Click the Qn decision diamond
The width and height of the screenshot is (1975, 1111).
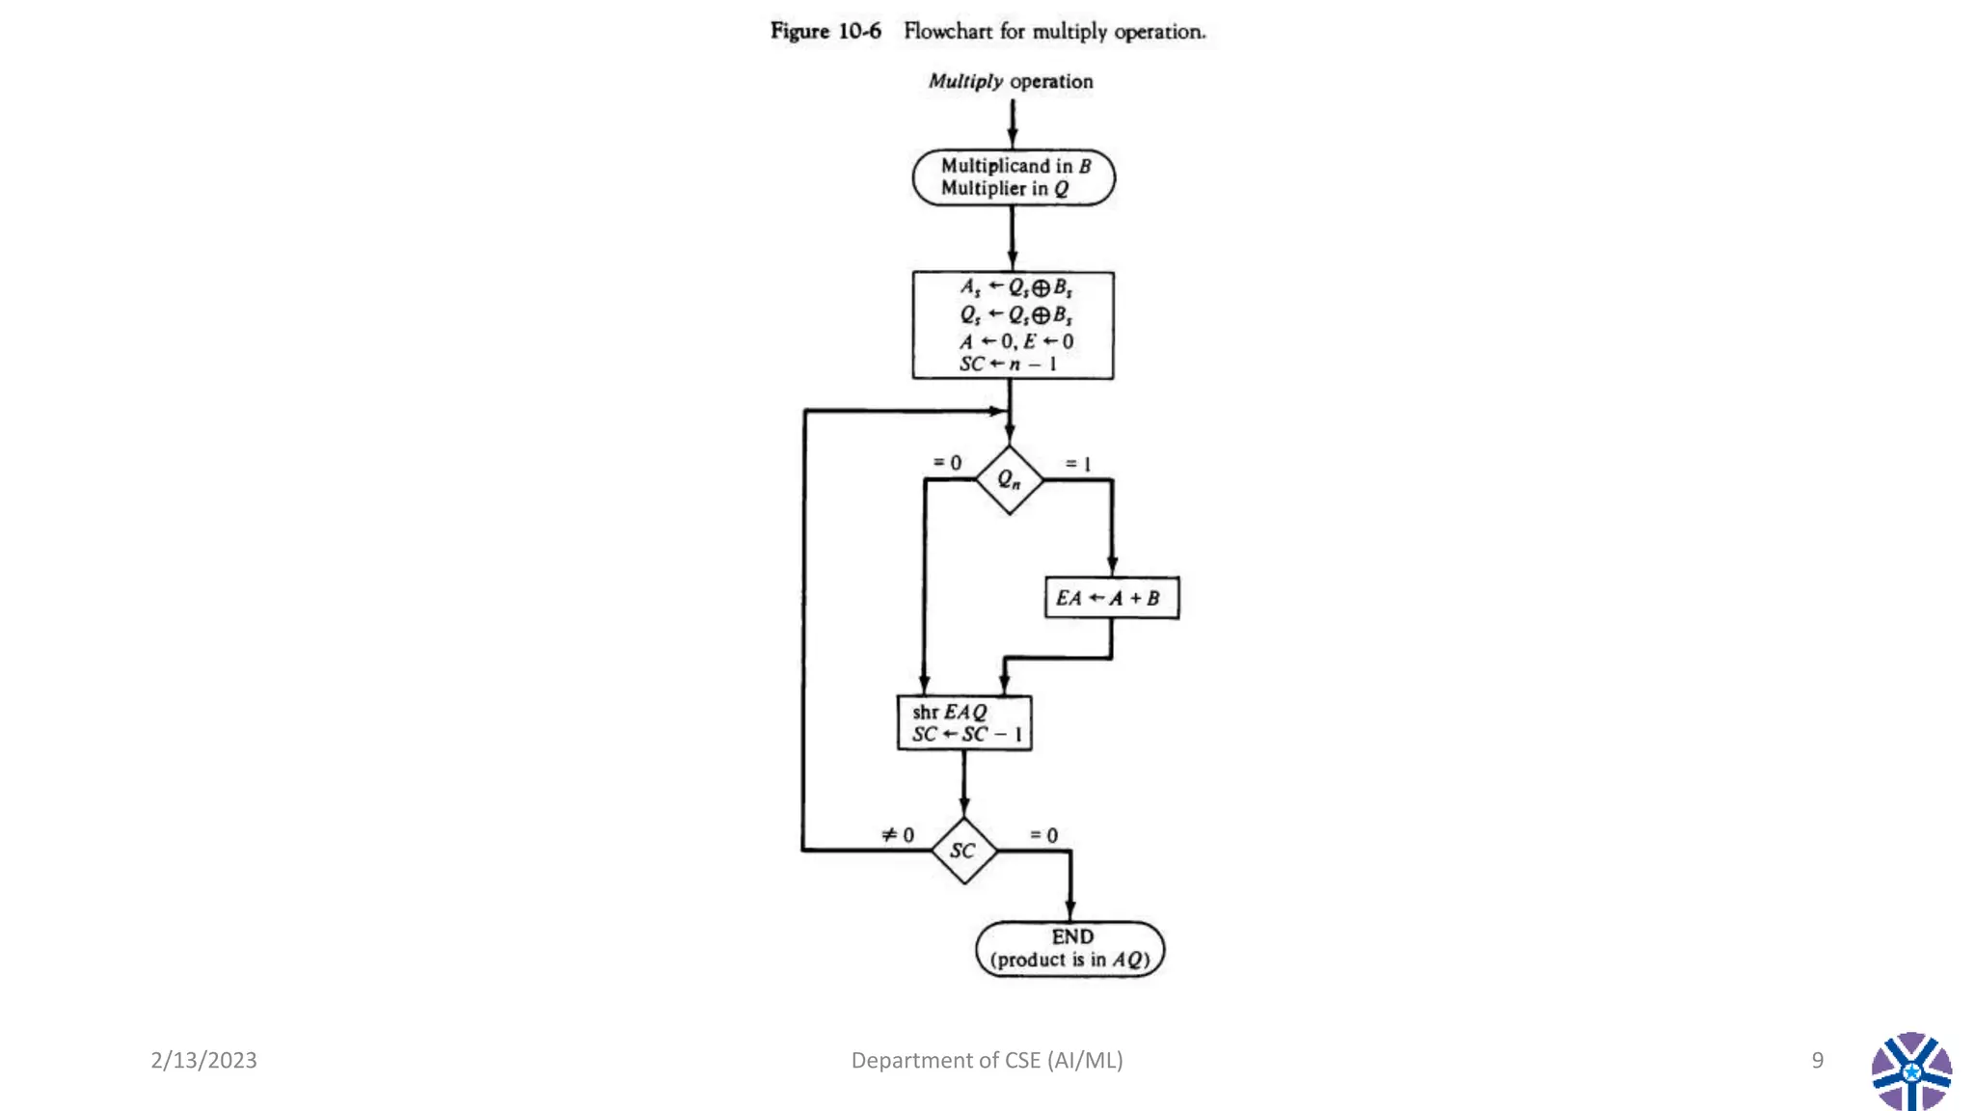coord(1009,479)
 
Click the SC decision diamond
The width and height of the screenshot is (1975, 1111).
coord(963,851)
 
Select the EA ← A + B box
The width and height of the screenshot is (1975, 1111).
coord(1111,598)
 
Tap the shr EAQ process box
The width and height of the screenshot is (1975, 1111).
coord(963,723)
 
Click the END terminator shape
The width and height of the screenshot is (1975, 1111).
coord(1069,949)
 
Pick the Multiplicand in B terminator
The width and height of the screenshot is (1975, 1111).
coord(1014,177)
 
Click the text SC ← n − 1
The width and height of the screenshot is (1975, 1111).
coord(1008,365)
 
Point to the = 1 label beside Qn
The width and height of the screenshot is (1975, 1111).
coord(1078,464)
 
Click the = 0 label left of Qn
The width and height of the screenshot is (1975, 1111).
coord(947,463)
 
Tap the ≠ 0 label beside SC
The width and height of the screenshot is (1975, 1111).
coord(898,834)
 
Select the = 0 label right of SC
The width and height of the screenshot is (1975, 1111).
coord(1043,835)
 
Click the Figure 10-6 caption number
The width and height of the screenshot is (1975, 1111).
coord(859,31)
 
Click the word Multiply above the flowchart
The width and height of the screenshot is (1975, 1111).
coord(965,81)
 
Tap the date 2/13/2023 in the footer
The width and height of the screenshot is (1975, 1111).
coord(203,1060)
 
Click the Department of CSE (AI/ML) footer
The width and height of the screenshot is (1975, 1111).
coord(987,1060)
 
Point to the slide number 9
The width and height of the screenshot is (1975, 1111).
coord(1817,1060)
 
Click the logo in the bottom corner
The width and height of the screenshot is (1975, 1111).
coord(1911,1071)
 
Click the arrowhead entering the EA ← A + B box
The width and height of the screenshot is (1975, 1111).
coord(1112,566)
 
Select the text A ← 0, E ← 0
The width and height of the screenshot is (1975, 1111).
coord(1015,341)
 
